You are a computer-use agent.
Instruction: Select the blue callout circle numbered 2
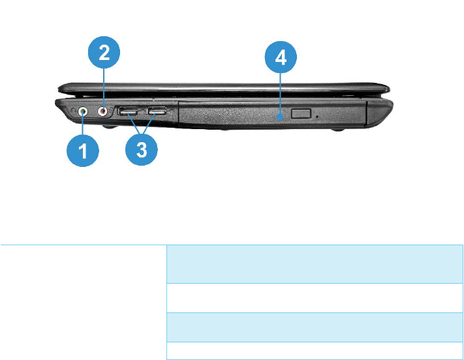coord(104,54)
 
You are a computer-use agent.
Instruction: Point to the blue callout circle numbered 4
coord(280,59)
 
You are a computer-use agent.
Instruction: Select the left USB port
coord(129,112)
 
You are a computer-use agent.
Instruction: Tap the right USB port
coord(157,112)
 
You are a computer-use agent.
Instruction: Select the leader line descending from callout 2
coord(104,88)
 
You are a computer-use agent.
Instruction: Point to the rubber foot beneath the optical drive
coord(339,131)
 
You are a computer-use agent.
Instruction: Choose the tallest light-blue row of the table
coord(314,264)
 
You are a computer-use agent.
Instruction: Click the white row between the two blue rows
coord(314,297)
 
